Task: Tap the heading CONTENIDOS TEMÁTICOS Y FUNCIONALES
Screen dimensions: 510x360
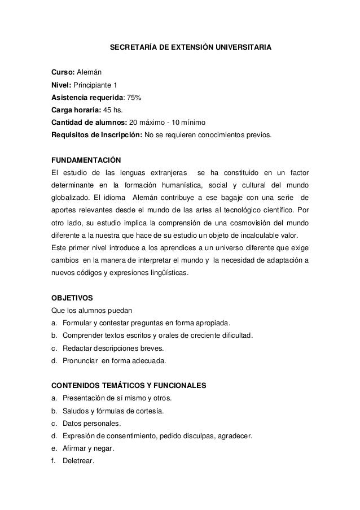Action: tap(129, 386)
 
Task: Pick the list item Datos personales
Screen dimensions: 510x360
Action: tap(91, 423)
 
